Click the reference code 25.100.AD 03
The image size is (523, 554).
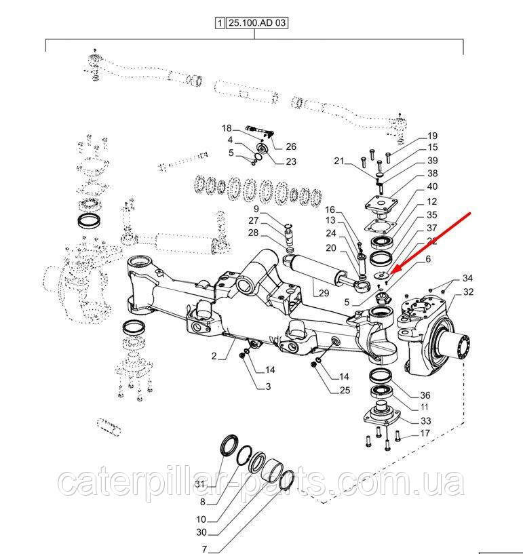(258, 23)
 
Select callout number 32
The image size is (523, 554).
(468, 292)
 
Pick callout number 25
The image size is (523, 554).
(345, 390)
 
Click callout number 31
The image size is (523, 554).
(200, 483)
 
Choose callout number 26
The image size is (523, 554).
(291, 146)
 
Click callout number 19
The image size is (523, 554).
(433, 136)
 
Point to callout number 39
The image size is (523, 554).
(433, 160)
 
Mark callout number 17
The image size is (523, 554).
(425, 433)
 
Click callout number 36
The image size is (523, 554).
(425, 396)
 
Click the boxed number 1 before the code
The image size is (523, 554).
(220, 23)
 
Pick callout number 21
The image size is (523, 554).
(339, 161)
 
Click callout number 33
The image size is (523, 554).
(425, 421)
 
